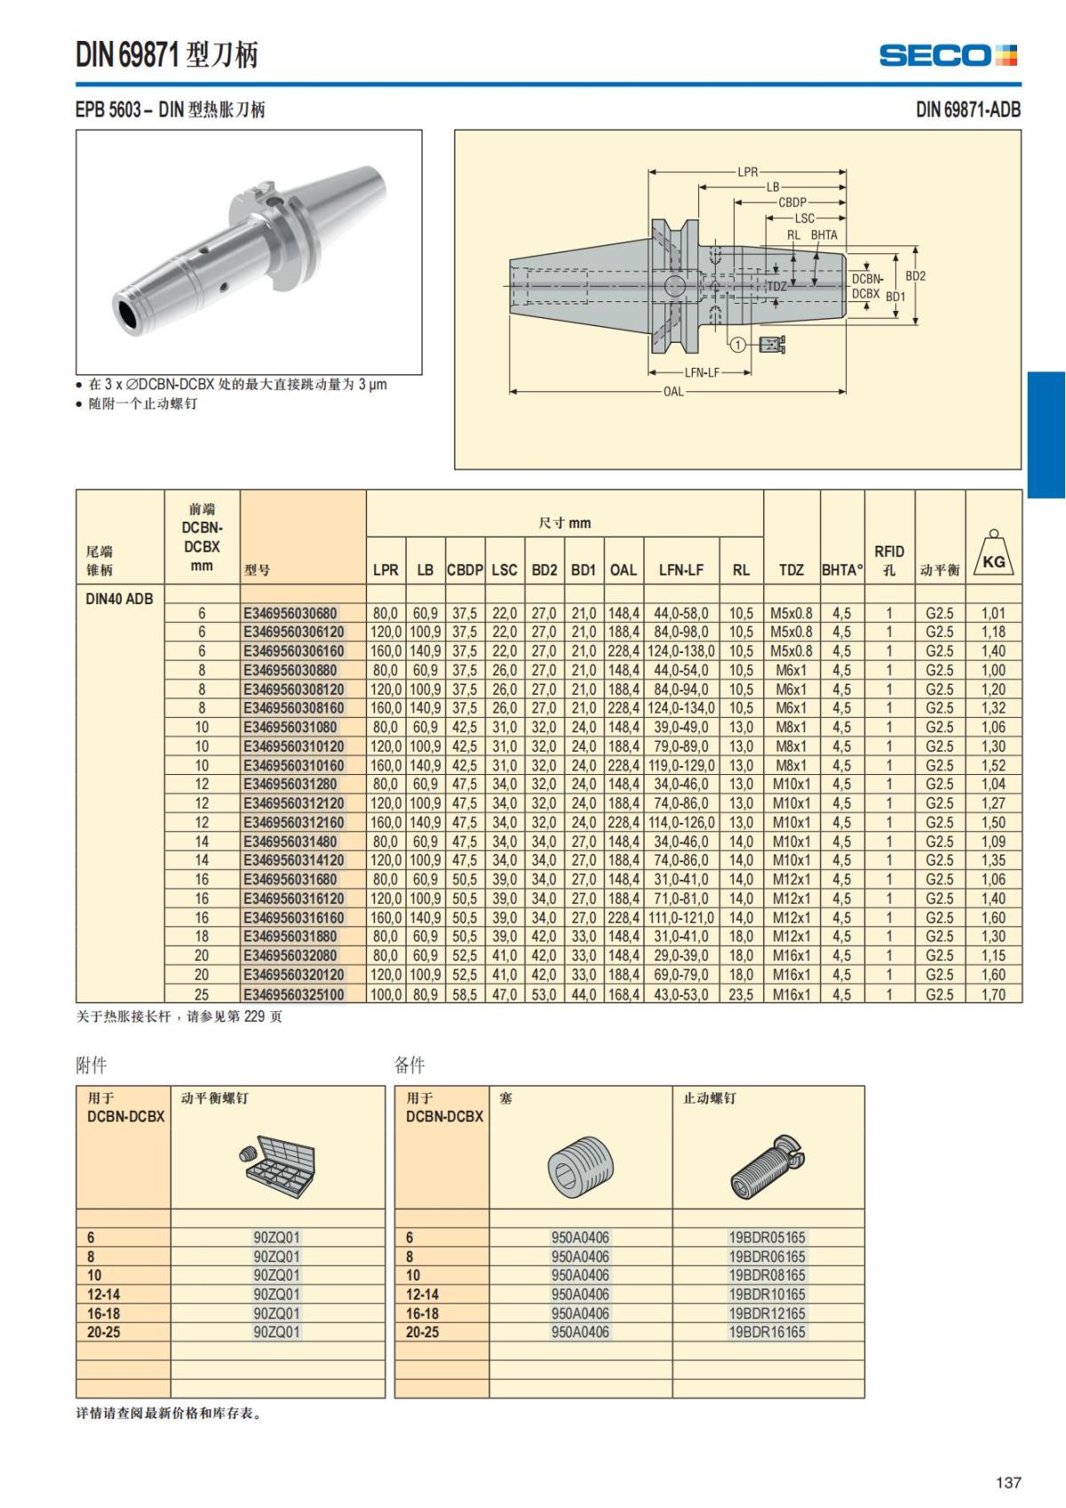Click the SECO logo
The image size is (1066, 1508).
pos(947,55)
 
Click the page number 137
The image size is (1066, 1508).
pos(1008,1482)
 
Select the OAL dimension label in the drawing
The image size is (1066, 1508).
pos(673,391)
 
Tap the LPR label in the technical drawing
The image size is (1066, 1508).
pos(747,172)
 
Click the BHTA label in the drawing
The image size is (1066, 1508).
pos(823,235)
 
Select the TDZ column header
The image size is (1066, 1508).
pos(791,570)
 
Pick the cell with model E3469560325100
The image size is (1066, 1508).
pos(294,994)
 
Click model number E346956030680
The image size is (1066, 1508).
pos(290,613)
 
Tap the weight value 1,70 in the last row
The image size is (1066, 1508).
pos(993,994)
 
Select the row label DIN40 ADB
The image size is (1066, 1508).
pos(119,599)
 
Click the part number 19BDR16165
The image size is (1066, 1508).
pos(767,1332)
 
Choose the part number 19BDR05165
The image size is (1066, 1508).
pos(767,1237)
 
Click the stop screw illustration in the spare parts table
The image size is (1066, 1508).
pos(765,1167)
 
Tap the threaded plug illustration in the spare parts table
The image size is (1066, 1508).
pos(579,1166)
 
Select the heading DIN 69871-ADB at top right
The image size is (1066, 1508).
pos(967,110)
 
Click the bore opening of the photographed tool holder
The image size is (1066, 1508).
pos(131,315)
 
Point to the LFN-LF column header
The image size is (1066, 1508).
pos(681,570)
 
